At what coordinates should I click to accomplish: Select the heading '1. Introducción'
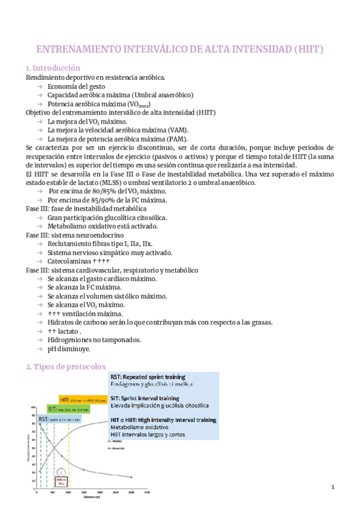[x=53, y=68]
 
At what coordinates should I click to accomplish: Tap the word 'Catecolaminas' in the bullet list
[x=70, y=261]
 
